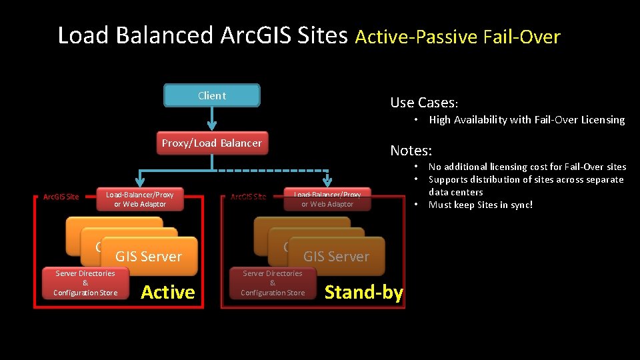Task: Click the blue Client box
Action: [x=212, y=95]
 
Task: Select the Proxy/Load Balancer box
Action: [x=212, y=143]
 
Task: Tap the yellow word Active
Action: [x=168, y=292]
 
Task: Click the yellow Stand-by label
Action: [x=363, y=292]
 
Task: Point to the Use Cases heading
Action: [x=424, y=103]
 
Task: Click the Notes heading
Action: [x=411, y=151]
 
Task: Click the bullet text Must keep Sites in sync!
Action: [x=481, y=205]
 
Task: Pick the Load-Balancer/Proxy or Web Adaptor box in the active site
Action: [x=140, y=199]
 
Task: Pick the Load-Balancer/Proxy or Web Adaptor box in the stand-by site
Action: [x=327, y=199]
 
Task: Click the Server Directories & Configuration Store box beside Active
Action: [x=85, y=283]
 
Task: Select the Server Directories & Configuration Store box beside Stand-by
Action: [x=273, y=283]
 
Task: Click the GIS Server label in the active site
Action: [x=149, y=257]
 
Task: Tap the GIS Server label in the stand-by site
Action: [x=336, y=257]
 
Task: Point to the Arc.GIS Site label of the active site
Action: [x=61, y=197]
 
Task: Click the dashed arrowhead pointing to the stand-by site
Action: [x=327, y=181]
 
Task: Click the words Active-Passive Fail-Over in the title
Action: [x=457, y=37]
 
